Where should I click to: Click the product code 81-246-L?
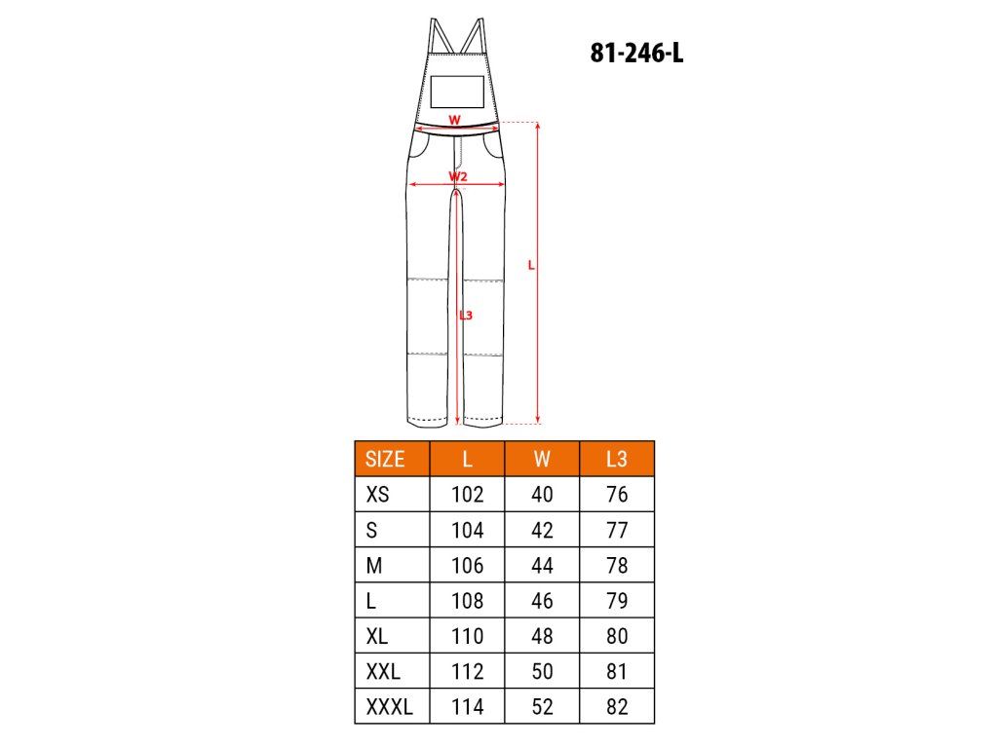click(x=636, y=53)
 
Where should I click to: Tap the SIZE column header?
click(x=385, y=459)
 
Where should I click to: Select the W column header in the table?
click(x=542, y=459)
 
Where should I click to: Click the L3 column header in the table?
click(x=616, y=459)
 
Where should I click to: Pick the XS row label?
click(x=377, y=494)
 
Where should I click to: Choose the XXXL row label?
click(x=389, y=706)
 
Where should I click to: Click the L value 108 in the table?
click(x=467, y=600)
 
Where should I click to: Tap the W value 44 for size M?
click(x=542, y=565)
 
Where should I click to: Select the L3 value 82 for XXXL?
click(x=617, y=706)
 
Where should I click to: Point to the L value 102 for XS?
click(x=467, y=494)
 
